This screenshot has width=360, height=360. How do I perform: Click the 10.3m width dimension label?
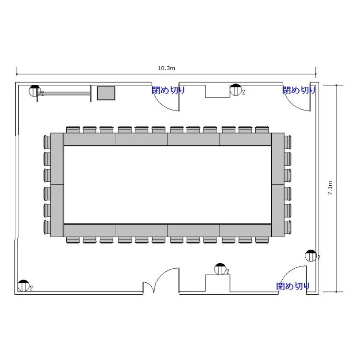pos(166,68)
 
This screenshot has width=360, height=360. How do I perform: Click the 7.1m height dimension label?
pos(330,188)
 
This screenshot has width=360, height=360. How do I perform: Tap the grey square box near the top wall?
pos(106,93)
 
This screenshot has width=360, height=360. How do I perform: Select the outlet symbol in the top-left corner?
pos(35,91)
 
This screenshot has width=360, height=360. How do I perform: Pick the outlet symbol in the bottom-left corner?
pos(24,286)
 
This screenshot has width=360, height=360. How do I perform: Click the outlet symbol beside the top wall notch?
pos(236,90)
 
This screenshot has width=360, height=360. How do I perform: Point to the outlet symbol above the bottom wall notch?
pos(220,269)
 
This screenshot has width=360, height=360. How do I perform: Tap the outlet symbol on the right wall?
pos(311,255)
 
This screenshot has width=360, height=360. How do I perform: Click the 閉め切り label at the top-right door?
pos(299,90)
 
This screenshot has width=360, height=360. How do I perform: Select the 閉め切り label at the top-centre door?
pos(168,90)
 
